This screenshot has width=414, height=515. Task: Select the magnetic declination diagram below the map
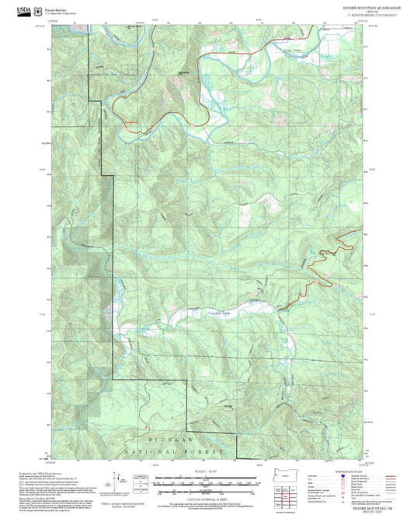[x=141, y=482]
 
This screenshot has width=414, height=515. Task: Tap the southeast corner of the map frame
[x=364, y=458]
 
